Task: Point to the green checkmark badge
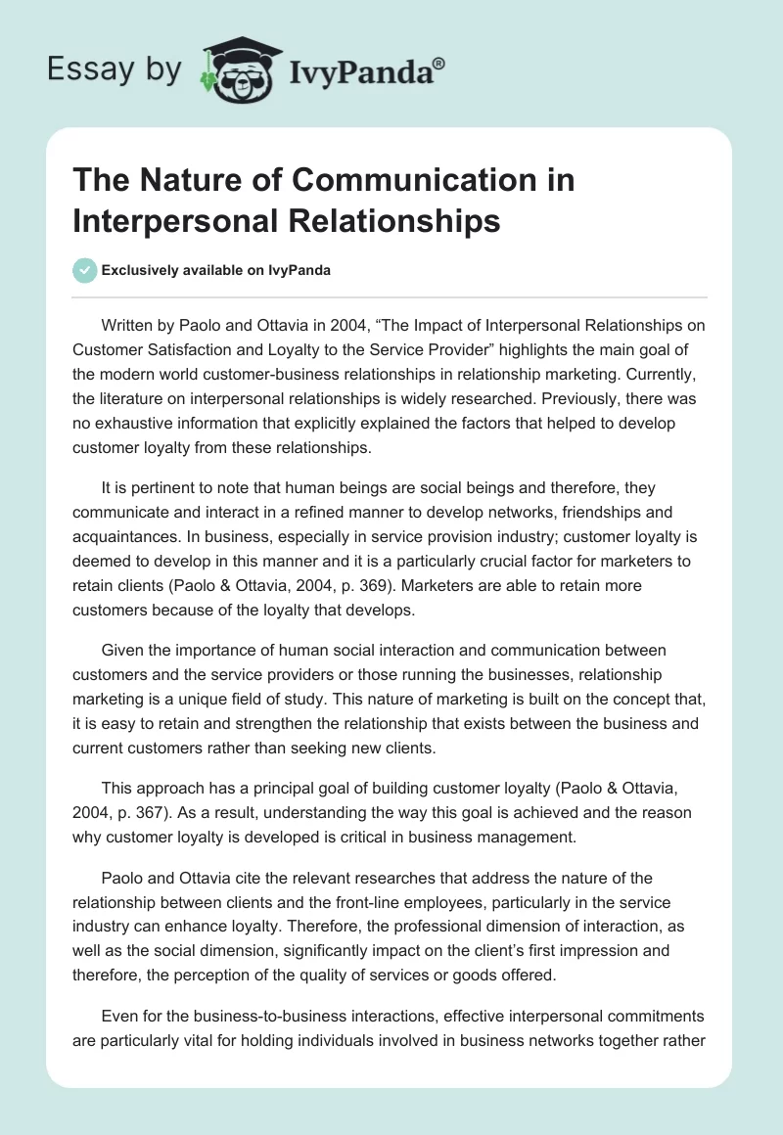click(x=85, y=270)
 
